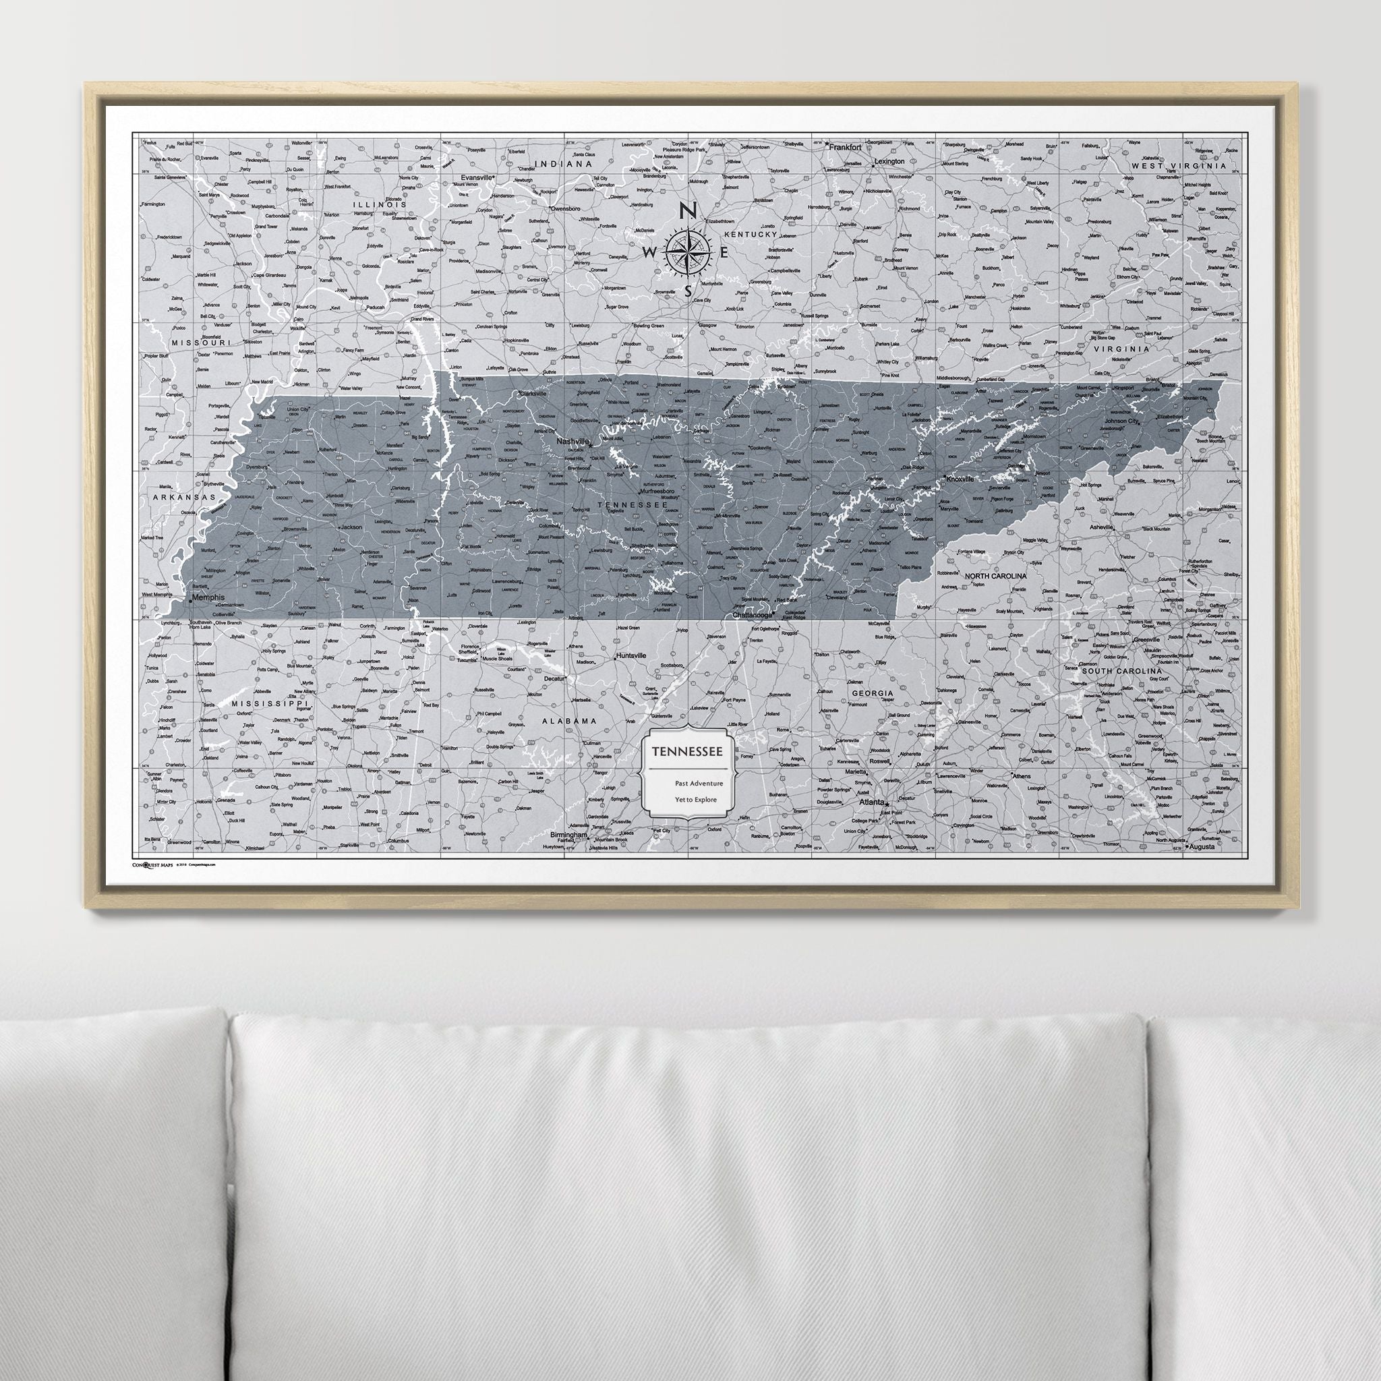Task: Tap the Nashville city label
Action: click(572, 442)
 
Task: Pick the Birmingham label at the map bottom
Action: click(568, 835)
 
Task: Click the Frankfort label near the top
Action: click(844, 146)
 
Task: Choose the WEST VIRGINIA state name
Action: click(1178, 166)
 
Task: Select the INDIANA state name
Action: click(564, 164)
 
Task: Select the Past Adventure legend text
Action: click(699, 784)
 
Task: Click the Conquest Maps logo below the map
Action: click(152, 864)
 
